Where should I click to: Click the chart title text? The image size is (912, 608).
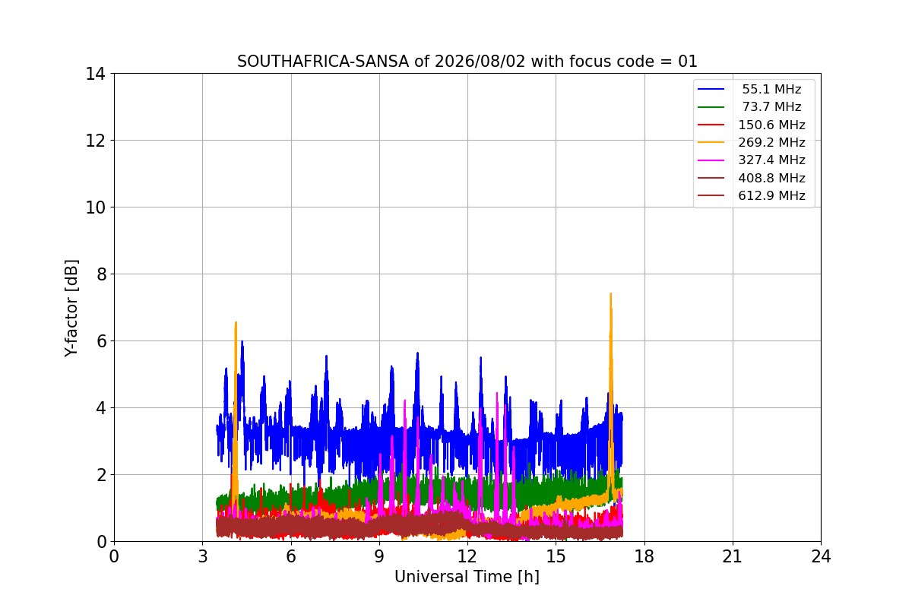point(467,62)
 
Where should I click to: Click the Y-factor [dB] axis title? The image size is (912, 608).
point(71,309)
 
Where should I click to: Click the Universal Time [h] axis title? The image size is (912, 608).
point(467,577)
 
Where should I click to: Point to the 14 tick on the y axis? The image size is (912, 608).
point(95,74)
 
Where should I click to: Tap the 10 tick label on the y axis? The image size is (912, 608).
point(95,207)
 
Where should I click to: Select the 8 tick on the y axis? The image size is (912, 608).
point(101,274)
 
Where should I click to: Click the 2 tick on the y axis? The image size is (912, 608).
point(101,475)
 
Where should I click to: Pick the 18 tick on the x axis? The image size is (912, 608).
point(644,556)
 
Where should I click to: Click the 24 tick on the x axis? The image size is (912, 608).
point(821,556)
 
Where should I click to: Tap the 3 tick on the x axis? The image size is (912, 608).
point(203,556)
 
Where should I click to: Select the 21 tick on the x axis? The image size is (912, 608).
point(733,556)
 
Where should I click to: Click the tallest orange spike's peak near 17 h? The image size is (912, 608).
point(611,293)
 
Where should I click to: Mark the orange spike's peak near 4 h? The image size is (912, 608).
point(236,322)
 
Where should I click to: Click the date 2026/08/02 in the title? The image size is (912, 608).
point(479,62)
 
